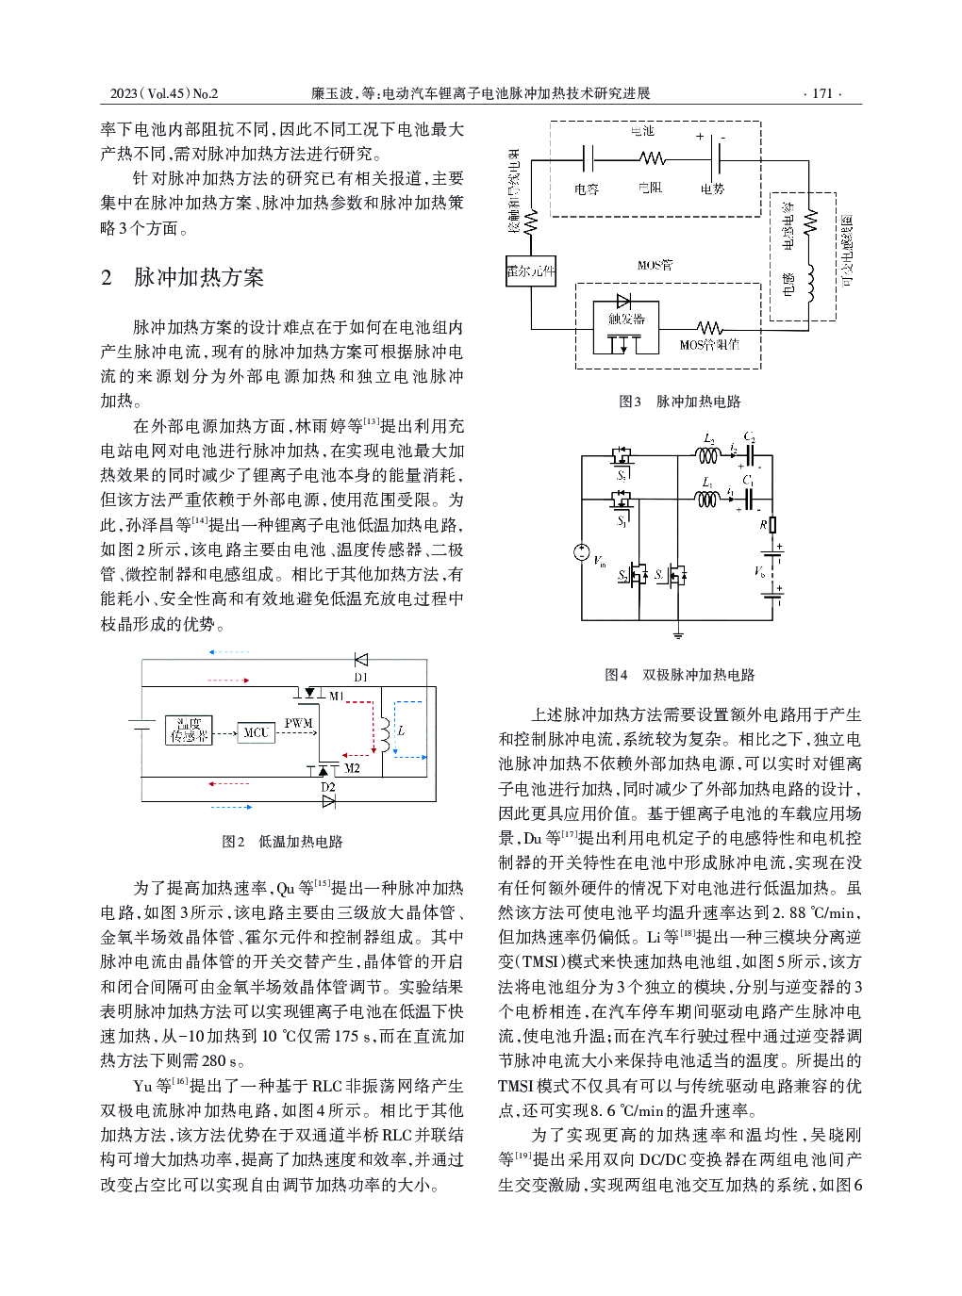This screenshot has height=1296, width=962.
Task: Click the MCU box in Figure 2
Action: click(x=256, y=732)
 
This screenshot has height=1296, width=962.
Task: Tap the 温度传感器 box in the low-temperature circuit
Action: click(x=189, y=730)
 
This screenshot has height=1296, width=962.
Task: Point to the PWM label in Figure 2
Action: click(x=298, y=723)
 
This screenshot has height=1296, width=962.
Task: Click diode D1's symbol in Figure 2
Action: click(x=360, y=660)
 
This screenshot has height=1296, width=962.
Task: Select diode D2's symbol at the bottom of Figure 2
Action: click(x=328, y=801)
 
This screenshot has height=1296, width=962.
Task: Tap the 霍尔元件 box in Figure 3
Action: click(x=531, y=271)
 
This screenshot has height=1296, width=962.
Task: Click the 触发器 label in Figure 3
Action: click(x=626, y=320)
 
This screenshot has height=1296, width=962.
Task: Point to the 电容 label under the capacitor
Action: click(x=587, y=189)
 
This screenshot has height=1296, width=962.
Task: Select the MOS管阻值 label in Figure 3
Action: click(x=709, y=344)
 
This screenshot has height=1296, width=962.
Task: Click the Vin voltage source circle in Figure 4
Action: click(x=583, y=552)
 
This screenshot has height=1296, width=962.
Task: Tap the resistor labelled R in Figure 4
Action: click(x=771, y=524)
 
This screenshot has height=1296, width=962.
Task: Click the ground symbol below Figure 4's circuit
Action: click(x=678, y=634)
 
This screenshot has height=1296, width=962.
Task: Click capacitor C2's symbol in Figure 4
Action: click(x=750, y=454)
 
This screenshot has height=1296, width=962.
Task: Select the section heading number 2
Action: click(x=107, y=278)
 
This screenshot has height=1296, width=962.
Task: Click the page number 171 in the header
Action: click(x=822, y=93)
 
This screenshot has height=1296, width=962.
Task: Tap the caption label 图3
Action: click(x=629, y=402)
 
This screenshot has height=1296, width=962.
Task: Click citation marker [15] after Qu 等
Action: click(x=323, y=883)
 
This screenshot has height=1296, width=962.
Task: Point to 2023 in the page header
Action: click(x=124, y=93)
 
